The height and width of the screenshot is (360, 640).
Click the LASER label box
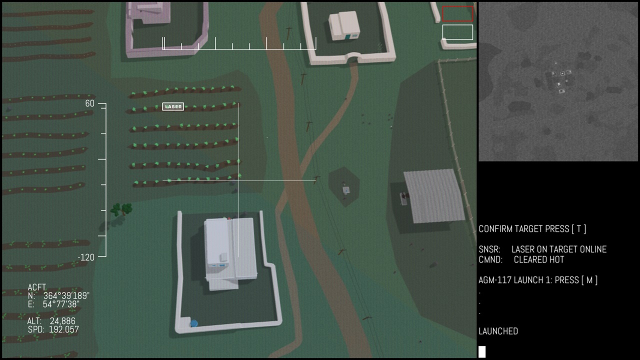pos(173,106)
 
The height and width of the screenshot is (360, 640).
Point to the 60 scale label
pos(89,103)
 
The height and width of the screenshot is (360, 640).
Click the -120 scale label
pos(86,257)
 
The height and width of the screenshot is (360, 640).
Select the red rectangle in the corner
pos(457,13)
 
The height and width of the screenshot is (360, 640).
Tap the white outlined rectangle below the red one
pos(457,32)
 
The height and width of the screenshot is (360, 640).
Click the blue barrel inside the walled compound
pos(194,323)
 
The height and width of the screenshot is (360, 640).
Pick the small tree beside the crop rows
pos(121,209)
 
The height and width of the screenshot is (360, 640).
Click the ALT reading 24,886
pos(62,321)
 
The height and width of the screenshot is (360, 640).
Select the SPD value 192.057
pos(63,329)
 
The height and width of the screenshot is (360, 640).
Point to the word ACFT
pos(37,287)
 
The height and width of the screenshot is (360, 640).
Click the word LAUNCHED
pos(498,331)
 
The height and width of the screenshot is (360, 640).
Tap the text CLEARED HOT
pos(539,259)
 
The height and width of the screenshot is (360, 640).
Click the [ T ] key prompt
pos(579,229)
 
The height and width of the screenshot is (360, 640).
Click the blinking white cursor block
pos(482,351)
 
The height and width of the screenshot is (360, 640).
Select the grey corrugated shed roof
pos(434,195)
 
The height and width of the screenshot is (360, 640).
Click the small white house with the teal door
pos(344,25)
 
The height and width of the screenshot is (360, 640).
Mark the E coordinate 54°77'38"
pos(61,304)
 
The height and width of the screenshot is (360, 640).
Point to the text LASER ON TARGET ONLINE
pos(559,249)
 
